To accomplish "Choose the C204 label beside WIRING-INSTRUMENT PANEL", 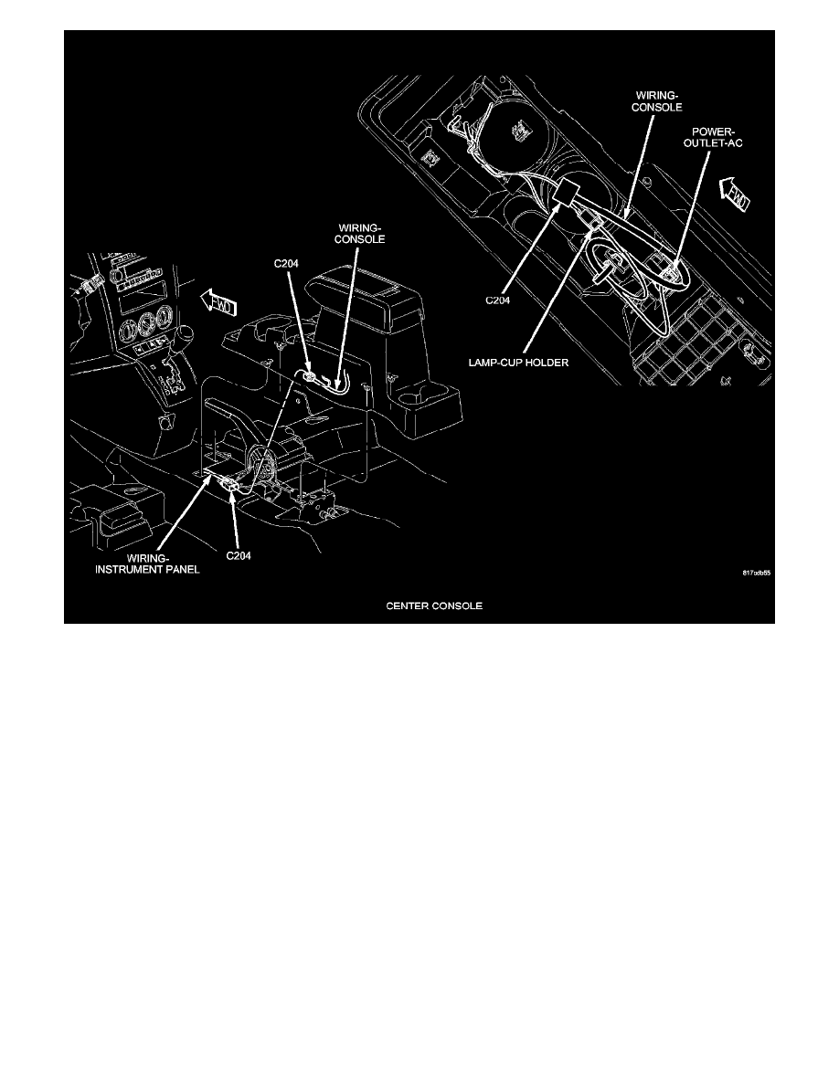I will (241, 554).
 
